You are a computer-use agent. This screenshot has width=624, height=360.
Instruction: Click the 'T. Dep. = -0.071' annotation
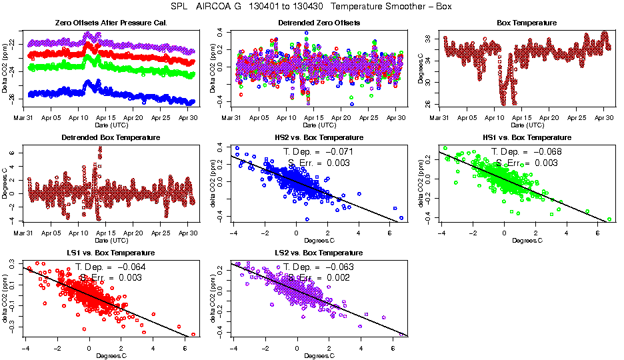point(319,152)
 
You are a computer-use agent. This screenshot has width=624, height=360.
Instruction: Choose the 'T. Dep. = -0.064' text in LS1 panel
point(111,267)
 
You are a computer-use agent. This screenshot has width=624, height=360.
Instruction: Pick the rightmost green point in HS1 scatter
point(609,219)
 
